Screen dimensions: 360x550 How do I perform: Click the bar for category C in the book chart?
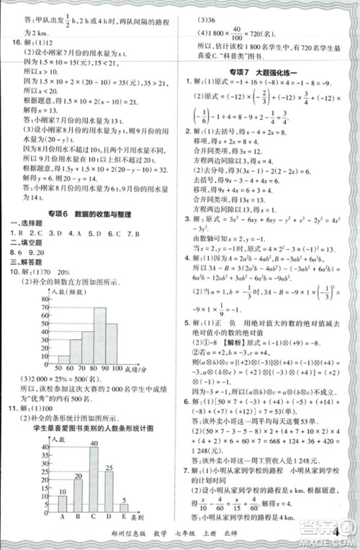tap(94, 479)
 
